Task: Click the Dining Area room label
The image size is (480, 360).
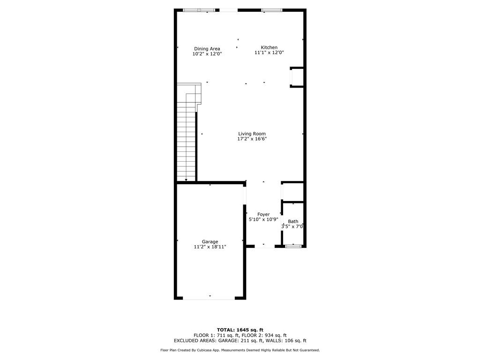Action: coord(207,49)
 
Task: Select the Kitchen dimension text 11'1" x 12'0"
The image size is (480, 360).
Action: coord(269,53)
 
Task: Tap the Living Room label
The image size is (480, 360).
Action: coord(252,134)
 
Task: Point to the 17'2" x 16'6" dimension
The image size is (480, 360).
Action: coord(252,139)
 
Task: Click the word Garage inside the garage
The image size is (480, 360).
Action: coord(210,242)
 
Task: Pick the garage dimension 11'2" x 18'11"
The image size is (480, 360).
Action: coord(210,247)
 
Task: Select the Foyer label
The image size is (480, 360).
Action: coord(263,214)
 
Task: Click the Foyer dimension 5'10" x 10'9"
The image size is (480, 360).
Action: coord(263,219)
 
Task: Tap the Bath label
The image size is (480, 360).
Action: coord(293,221)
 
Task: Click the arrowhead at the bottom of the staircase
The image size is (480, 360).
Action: coord(186,179)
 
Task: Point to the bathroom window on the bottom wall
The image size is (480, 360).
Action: coord(293,246)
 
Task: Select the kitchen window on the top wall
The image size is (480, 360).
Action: coord(271,10)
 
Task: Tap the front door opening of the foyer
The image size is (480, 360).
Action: coord(264,246)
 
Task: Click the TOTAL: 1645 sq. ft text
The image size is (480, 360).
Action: coord(240,330)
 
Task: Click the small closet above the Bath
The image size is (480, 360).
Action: coord(293,192)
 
